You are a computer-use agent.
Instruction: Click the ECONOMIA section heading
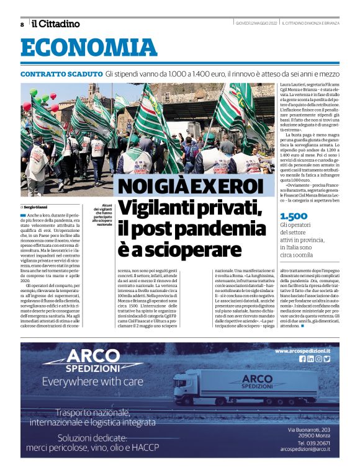[81, 48]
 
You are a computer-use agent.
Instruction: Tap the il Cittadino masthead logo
[56, 24]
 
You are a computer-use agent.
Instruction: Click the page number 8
[22, 24]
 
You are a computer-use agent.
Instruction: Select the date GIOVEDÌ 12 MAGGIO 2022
[256, 24]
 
